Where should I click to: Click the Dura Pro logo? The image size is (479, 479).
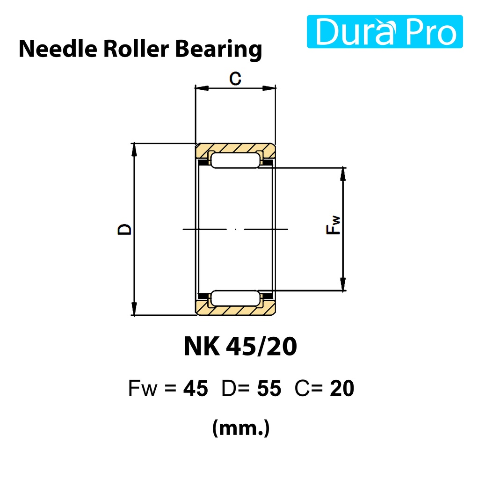(x=385, y=31)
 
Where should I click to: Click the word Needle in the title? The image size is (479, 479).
(x=58, y=49)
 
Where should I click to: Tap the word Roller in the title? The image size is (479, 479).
(x=136, y=49)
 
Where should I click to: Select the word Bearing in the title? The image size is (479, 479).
(x=218, y=50)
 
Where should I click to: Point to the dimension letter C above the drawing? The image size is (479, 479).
(x=235, y=79)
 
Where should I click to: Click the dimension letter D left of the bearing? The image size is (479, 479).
(x=124, y=229)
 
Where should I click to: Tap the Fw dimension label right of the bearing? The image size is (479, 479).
(x=333, y=225)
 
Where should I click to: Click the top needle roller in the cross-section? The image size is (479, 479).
(x=235, y=160)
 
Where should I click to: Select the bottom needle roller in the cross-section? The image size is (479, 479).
(x=235, y=298)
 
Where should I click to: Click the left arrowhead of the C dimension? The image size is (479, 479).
(x=202, y=88)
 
